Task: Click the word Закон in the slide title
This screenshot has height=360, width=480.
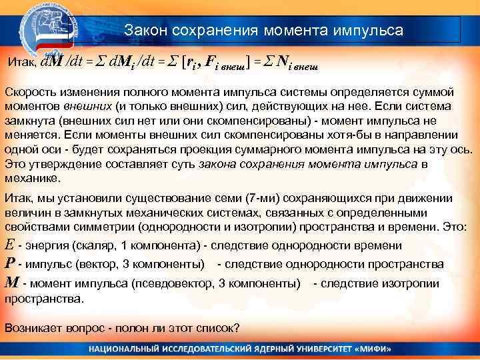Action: (x=144, y=31)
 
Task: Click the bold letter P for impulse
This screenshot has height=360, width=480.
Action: (x=9, y=263)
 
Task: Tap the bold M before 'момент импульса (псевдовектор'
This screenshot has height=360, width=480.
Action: (x=11, y=283)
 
